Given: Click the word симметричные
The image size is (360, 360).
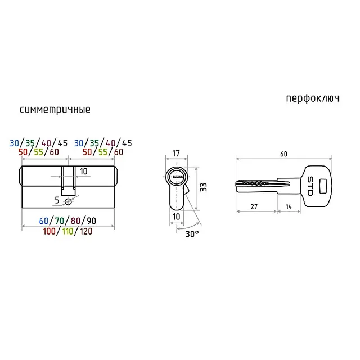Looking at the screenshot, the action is [x=55, y=110].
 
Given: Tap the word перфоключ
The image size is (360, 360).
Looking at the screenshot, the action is [x=313, y=99].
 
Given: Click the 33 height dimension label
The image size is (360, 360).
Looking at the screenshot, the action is [x=204, y=187].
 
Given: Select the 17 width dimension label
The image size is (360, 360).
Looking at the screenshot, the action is [x=176, y=153].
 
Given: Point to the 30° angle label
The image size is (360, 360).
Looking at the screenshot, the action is [x=192, y=234].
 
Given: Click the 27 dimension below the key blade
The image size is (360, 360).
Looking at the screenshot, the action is [x=254, y=206].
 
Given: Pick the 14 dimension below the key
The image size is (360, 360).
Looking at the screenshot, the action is [x=289, y=206].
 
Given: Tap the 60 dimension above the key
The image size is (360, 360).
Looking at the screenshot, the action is [x=283, y=154].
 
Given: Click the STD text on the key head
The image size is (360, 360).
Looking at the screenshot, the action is [x=310, y=186].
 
